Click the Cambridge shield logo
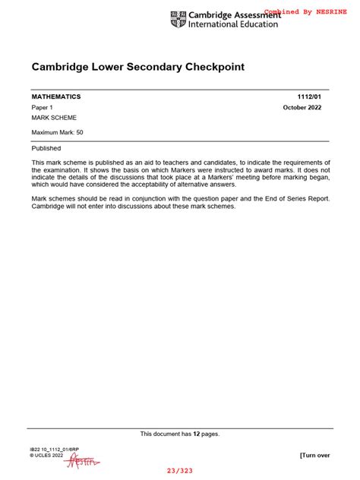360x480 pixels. point(178,19)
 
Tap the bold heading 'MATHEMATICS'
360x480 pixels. point(55,97)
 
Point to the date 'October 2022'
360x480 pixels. point(307,108)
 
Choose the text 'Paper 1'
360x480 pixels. point(43,108)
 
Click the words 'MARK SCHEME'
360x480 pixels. point(54,118)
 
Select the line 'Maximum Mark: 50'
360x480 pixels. point(58,132)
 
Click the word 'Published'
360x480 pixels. point(46,148)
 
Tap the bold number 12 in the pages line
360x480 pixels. point(195,434)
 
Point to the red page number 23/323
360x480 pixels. point(180,471)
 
